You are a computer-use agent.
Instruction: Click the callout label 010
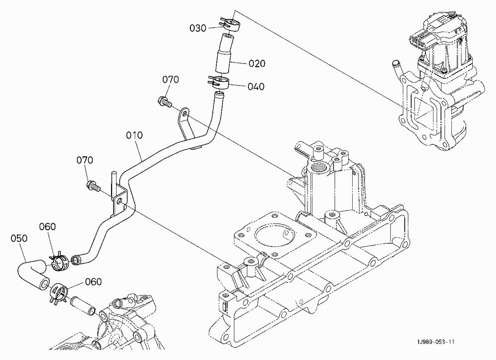[x=134, y=135]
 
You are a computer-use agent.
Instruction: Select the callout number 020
[x=257, y=63]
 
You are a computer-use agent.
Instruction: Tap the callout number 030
[x=198, y=28]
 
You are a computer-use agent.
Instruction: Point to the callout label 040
[x=256, y=86]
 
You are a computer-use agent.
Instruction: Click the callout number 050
[x=19, y=238]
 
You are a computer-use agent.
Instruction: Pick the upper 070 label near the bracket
[x=171, y=79]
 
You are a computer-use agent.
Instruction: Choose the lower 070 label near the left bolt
[x=85, y=160]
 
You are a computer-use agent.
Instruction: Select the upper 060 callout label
[x=48, y=227]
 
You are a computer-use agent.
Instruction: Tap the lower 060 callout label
[x=94, y=282]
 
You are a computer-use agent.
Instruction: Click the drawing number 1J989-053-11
[x=435, y=342]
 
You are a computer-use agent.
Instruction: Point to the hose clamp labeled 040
[x=219, y=82]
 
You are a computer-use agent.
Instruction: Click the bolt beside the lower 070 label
[x=93, y=186]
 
